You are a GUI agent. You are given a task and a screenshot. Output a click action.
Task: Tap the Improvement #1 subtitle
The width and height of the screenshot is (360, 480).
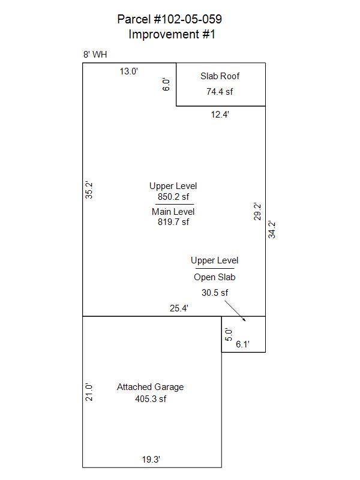[172, 34]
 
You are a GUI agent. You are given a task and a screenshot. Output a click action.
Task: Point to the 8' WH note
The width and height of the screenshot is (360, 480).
[95, 55]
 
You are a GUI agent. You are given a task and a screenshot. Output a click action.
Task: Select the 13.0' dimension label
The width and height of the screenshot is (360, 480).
[129, 71]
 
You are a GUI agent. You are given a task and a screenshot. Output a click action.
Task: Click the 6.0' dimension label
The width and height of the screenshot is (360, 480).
[166, 85]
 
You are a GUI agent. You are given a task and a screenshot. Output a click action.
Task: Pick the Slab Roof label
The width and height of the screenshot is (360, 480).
[220, 76]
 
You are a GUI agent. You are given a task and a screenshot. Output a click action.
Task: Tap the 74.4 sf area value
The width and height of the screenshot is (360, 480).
[220, 92]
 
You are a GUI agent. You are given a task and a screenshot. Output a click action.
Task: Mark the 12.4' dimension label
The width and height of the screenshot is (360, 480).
[220, 115]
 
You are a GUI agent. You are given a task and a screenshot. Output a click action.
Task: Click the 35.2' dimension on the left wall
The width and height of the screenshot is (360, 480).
[89, 190]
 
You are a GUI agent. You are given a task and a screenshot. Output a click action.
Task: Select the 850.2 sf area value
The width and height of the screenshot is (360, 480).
[173, 197]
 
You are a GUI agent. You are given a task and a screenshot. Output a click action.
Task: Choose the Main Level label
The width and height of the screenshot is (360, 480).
[173, 212]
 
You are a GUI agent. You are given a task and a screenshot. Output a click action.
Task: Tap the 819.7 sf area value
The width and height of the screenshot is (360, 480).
[173, 221]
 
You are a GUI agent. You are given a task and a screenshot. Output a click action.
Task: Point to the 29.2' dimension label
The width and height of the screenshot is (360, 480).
[257, 212]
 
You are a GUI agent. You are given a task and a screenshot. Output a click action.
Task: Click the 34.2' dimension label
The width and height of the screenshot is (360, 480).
[272, 230]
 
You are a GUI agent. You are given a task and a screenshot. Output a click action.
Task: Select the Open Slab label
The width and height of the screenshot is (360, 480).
[215, 277]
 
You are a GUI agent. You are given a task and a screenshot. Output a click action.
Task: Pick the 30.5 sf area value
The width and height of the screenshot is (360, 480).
[215, 293]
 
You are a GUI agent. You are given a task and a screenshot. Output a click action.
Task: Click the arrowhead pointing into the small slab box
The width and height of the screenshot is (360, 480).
[244, 320]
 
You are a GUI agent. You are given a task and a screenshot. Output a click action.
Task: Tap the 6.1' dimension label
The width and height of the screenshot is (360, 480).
[243, 344]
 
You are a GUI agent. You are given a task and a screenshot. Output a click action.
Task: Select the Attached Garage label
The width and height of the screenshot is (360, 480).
[151, 387]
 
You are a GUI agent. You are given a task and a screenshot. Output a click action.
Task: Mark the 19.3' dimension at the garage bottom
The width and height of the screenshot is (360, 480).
[151, 460]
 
